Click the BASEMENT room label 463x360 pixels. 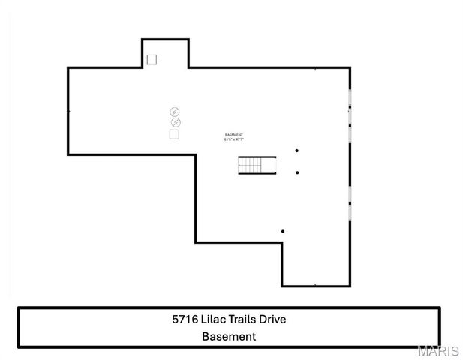(x=233, y=135)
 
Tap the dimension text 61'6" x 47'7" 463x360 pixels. (x=233, y=139)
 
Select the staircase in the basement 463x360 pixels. (x=257, y=165)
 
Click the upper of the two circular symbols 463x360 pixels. (x=175, y=112)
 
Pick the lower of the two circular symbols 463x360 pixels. (x=175, y=122)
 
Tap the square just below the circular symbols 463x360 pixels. (x=174, y=134)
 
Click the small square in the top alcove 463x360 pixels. (x=152, y=58)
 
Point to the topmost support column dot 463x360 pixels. (x=297, y=151)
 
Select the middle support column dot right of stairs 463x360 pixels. (x=297, y=172)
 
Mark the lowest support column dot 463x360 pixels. (x=282, y=231)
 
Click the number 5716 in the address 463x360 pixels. (x=185, y=319)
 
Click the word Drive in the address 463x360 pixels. (x=273, y=319)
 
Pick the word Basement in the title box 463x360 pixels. (x=229, y=337)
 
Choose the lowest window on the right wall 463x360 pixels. (x=350, y=212)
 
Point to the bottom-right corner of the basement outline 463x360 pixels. (x=350, y=286)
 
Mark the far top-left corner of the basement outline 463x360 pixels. (x=68, y=68)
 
